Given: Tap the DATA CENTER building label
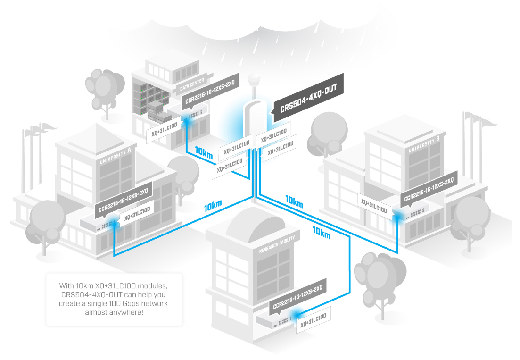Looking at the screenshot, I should coord(192,86).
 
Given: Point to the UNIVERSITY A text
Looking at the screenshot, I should coord(116,155).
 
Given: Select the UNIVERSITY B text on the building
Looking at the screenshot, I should coord(424,144).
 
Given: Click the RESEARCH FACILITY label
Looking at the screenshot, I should coord(277,244).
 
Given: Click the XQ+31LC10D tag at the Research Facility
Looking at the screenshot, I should coord(311,322).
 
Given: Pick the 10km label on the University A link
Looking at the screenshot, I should coord(213,206).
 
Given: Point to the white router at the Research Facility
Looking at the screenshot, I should coord(276,321).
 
